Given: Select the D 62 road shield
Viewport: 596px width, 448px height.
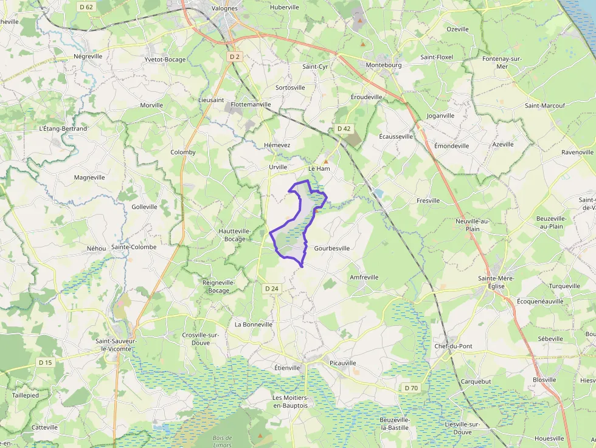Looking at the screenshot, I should coord(86,7).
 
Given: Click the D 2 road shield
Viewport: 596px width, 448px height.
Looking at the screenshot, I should coord(235,57).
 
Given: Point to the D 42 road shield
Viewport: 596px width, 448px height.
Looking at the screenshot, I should coord(344,128).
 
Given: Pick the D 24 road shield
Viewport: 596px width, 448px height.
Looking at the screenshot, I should coord(271,288).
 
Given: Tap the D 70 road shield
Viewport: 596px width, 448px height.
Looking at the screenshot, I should coord(411,388).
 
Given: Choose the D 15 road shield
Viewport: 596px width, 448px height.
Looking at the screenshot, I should coord(46,362).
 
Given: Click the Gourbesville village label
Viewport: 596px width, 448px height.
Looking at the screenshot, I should coord(332,248).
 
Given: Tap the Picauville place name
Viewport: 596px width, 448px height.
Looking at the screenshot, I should coord(343,363).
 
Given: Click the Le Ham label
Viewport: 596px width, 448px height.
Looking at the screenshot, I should coord(319,168).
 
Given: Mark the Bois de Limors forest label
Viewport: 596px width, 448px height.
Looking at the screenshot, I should coord(223,441).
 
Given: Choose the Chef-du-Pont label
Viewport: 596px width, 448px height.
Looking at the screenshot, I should coord(453,346).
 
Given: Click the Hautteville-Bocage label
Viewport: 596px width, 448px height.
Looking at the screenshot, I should coord(235,235).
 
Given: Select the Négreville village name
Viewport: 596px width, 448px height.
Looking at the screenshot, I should coord(88,56).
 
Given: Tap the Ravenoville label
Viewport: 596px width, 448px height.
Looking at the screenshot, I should coord(577,152).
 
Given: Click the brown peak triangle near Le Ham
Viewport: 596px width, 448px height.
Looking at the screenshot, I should coord(325,161).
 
